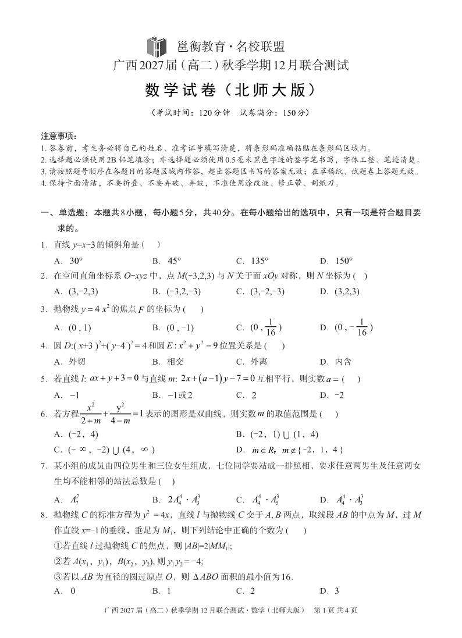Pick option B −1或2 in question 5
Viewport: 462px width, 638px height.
click(x=172, y=395)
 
